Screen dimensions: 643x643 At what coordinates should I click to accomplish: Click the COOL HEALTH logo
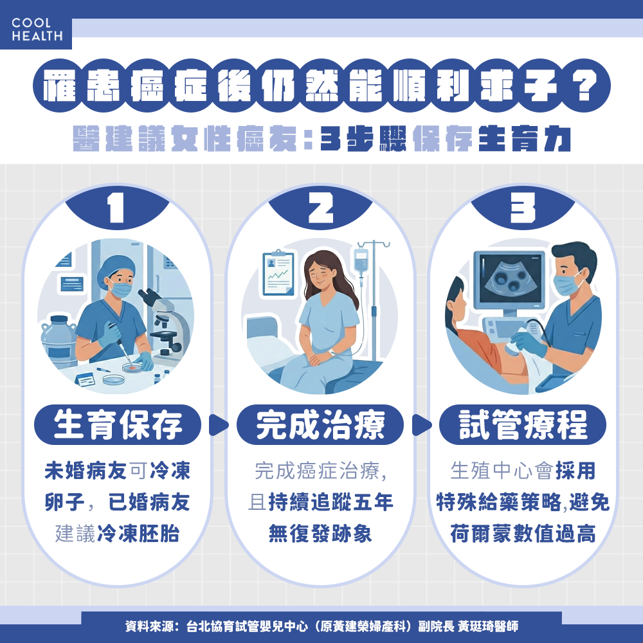point(37,30)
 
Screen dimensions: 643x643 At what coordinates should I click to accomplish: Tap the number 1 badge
point(116,210)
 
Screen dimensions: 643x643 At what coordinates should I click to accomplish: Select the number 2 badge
point(320,210)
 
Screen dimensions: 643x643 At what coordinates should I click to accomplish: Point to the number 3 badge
point(523,210)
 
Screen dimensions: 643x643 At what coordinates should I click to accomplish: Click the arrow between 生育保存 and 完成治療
point(219,424)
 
